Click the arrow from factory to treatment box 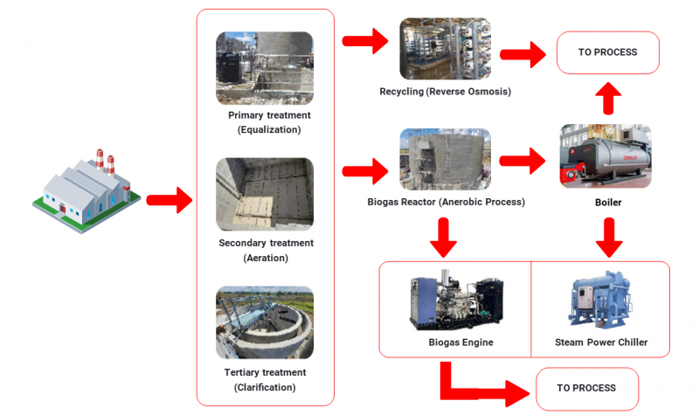pyautogui.click(x=169, y=200)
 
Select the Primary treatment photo pyautogui.click(x=265, y=68)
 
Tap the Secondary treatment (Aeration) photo pyautogui.click(x=265, y=194)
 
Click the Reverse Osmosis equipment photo pyautogui.click(x=446, y=50)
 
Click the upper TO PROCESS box pyautogui.click(x=607, y=52)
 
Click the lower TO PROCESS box pyautogui.click(x=586, y=388)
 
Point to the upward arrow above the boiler pyautogui.click(x=609, y=99)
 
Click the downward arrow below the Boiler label pyautogui.click(x=609, y=233)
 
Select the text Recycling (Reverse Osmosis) pyautogui.click(x=445, y=92)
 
